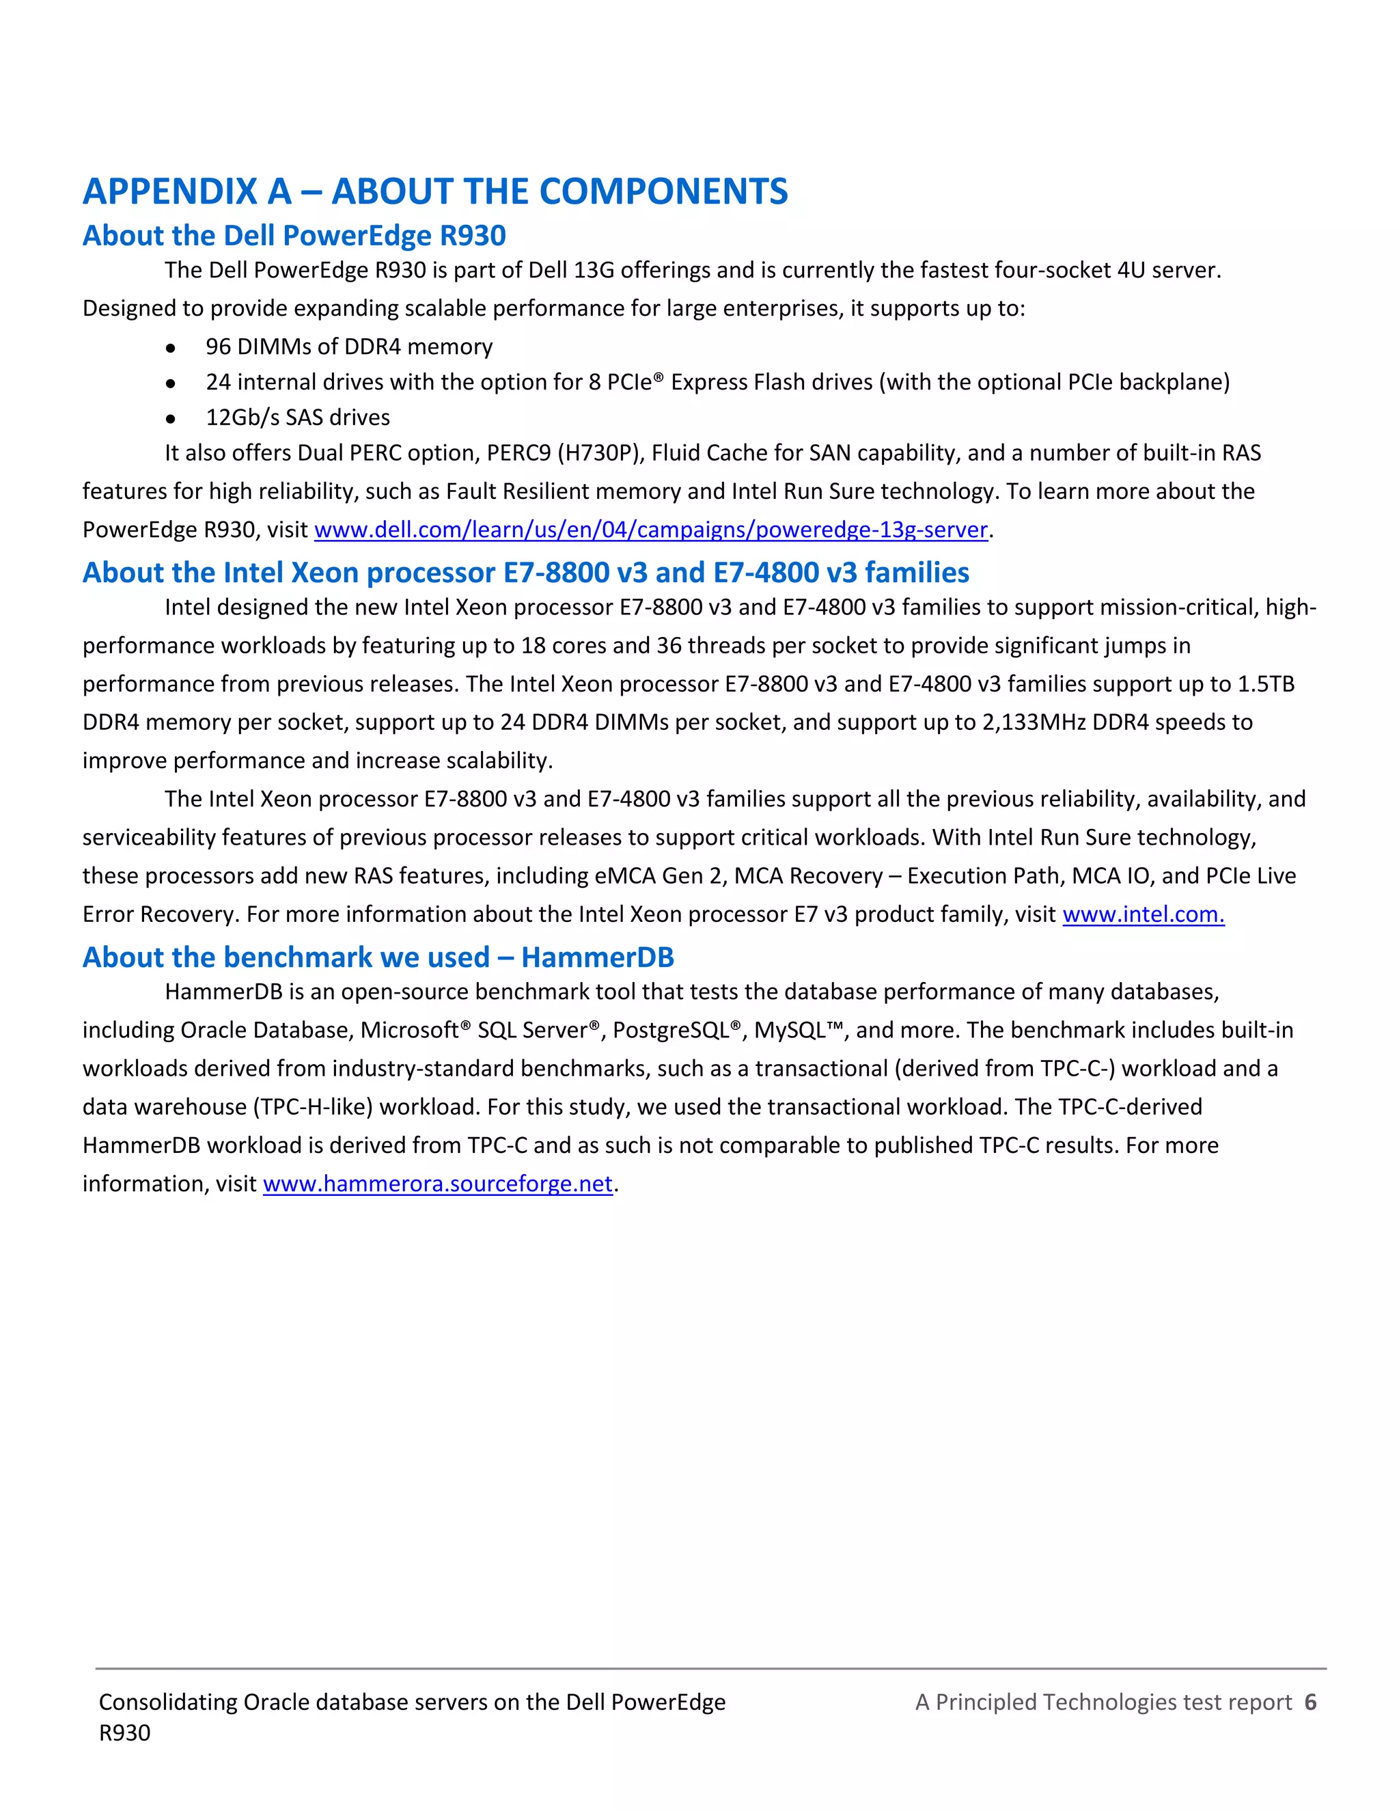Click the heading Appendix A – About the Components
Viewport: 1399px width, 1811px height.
point(435,191)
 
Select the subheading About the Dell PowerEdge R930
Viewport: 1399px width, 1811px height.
point(294,236)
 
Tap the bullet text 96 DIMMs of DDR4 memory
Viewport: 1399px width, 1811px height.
point(349,346)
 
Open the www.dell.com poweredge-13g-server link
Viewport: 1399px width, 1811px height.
point(650,530)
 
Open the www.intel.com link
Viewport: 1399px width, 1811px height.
point(1142,914)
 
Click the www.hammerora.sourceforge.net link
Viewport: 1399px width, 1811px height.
point(438,1184)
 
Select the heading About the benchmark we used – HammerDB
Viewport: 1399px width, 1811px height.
point(378,957)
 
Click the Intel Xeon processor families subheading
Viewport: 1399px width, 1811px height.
point(525,573)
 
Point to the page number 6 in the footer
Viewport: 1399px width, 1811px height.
point(1310,1702)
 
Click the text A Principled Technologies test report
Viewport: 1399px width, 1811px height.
point(1103,1702)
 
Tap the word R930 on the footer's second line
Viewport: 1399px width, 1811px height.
point(124,1733)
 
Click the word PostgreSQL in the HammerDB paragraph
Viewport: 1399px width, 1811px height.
point(671,1031)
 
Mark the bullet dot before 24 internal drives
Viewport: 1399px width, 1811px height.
point(170,384)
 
